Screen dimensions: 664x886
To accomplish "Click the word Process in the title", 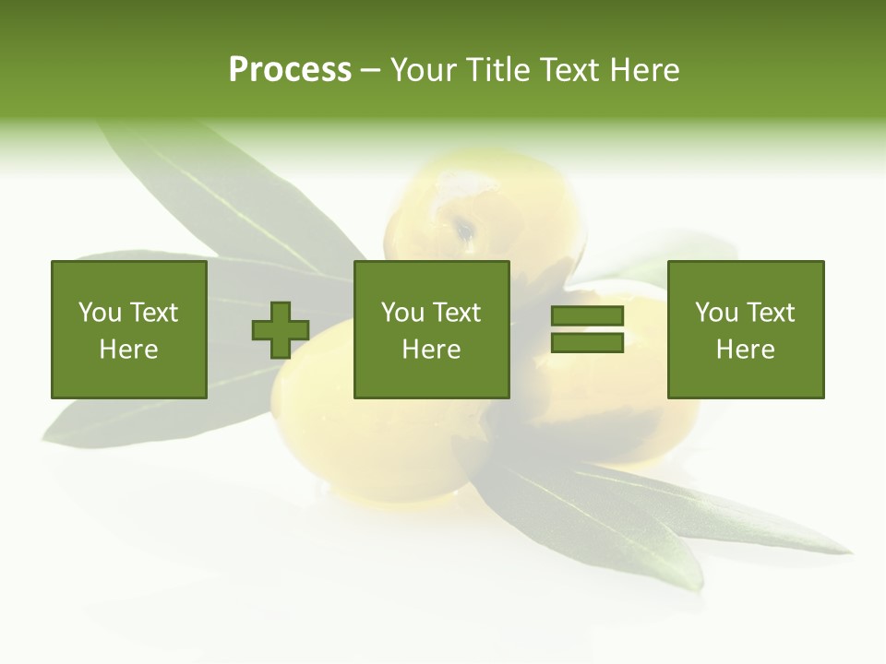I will [290, 70].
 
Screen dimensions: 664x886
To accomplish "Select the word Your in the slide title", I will [424, 70].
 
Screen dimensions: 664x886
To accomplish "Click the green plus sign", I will [281, 330].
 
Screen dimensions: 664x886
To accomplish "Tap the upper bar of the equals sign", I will [587, 316].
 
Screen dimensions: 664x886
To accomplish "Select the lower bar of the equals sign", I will [587, 343].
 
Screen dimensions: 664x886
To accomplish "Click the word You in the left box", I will [99, 313].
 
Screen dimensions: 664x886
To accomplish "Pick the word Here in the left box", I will [129, 350].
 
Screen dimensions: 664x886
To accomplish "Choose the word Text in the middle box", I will [456, 313].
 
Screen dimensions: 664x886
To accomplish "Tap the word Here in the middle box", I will [432, 350].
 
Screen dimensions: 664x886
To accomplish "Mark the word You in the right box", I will [715, 313].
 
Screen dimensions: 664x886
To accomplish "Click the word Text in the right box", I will [770, 313].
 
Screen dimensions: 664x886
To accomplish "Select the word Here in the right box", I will [746, 350].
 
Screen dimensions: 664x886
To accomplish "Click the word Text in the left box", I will [153, 313].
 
